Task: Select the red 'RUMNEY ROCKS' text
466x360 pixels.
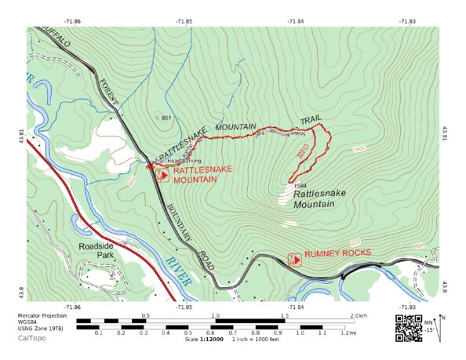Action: [x=337, y=254]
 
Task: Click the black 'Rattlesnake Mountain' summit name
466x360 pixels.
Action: [x=314, y=198]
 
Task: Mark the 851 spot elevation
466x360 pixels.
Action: [x=166, y=118]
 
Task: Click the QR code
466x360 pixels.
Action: [x=408, y=327]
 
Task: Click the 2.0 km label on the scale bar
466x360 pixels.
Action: [x=359, y=315]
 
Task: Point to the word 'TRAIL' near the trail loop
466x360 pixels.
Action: [x=311, y=120]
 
